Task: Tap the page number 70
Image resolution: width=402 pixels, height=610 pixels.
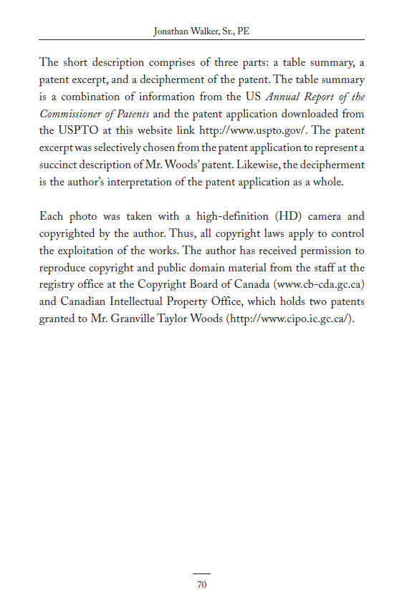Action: (x=201, y=585)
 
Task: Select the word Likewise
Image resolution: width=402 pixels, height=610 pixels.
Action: (x=259, y=165)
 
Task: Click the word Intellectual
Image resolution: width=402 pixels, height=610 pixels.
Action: (x=137, y=302)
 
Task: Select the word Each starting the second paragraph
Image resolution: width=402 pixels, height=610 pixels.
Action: (x=51, y=216)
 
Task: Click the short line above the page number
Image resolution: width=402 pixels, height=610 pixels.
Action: (x=201, y=573)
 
